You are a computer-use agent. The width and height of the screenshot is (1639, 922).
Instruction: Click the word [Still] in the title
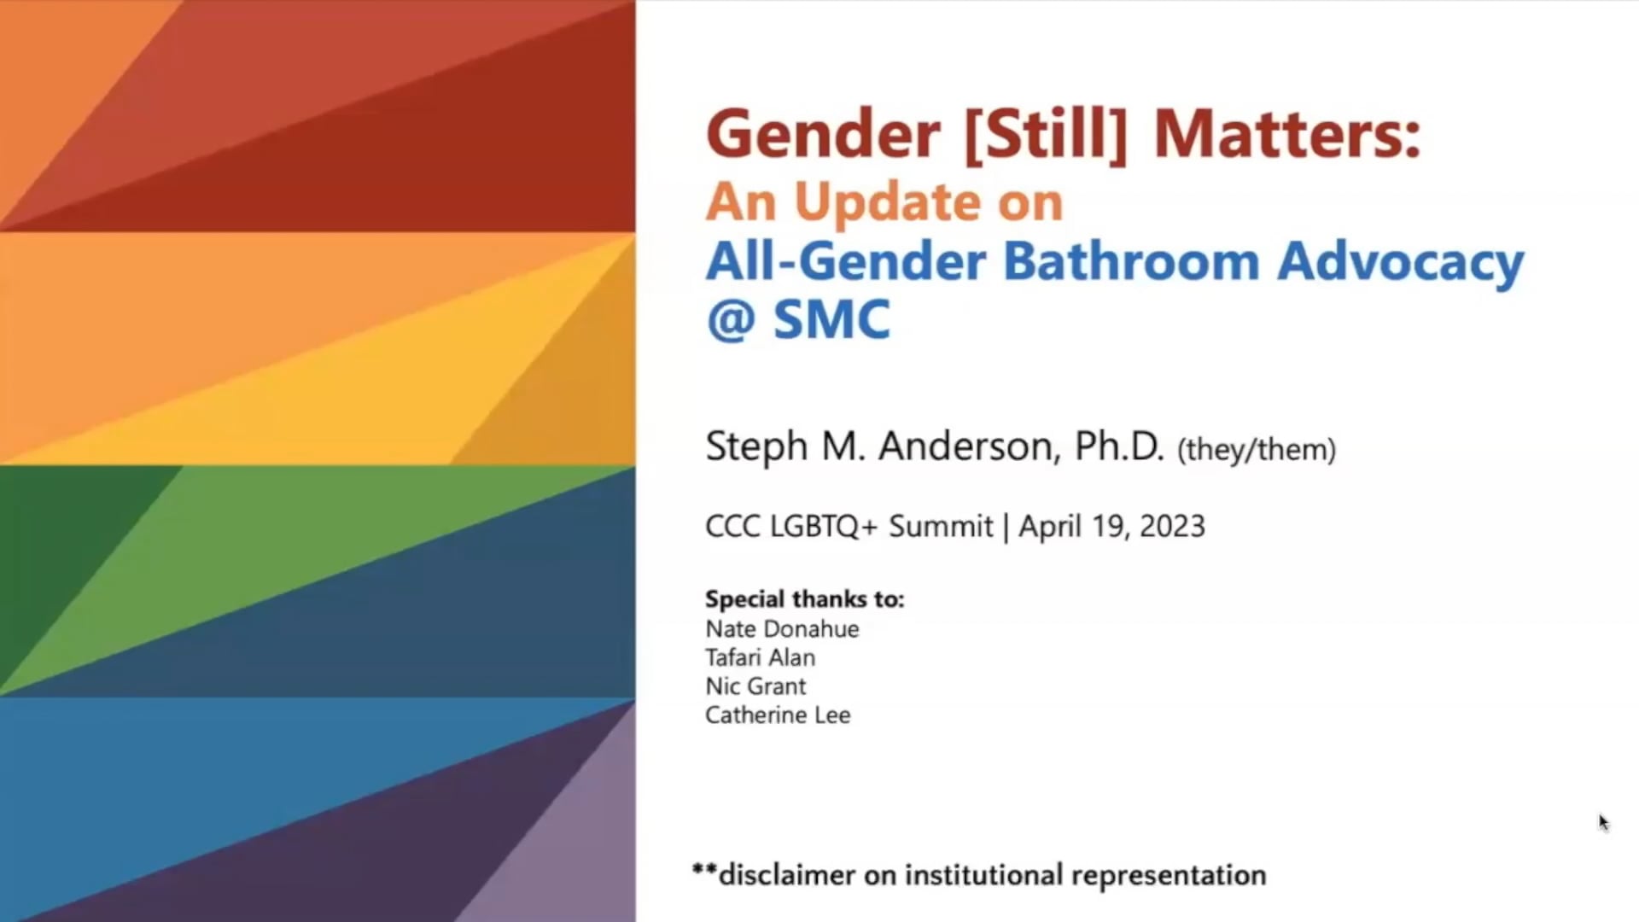pos(1046,135)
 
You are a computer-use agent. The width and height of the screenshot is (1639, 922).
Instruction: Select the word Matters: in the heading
pos(1287,135)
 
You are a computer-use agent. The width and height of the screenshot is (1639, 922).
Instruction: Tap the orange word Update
pos(888,202)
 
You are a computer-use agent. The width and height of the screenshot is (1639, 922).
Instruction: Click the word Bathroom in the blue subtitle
pos(1131,260)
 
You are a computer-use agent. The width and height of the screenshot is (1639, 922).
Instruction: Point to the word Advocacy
pos(1400,262)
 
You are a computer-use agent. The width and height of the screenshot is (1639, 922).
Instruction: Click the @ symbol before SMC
pos(731,320)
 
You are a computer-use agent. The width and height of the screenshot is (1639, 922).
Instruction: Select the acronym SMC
pos(831,320)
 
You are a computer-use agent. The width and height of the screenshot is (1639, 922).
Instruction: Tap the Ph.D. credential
pos(1118,446)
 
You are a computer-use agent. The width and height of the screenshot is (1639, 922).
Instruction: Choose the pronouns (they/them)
pos(1256,450)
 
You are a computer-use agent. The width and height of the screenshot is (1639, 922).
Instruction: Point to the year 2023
pos(1171,527)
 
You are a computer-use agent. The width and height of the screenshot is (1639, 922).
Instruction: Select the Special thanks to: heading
pos(804,599)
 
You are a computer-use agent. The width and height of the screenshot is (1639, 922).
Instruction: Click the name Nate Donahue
pos(782,629)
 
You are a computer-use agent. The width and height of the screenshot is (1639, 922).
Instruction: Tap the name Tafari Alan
pos(760,658)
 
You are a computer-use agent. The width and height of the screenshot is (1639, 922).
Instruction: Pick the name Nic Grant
pos(755,686)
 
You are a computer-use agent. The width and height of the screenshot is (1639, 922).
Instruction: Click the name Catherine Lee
pos(778,715)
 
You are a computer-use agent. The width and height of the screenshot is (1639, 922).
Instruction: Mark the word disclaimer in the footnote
pos(786,875)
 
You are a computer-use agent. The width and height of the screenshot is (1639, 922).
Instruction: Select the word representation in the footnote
pos(1168,876)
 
